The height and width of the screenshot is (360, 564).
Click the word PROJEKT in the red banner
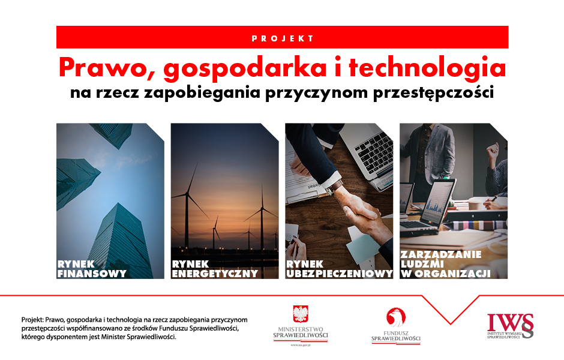coord(283,38)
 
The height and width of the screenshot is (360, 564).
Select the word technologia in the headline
coord(427,68)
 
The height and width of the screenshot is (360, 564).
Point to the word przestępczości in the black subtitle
coord(433,93)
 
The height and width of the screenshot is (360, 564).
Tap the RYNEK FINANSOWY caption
coord(92,269)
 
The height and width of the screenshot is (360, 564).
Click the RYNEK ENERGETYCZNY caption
coord(215,269)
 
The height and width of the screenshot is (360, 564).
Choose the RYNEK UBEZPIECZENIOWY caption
coord(339,269)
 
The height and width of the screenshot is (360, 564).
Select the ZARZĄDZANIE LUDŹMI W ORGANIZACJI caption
coord(445,264)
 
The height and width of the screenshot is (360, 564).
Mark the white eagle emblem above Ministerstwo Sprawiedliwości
coord(301,314)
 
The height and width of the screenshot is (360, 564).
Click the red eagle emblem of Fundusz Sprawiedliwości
coord(396,317)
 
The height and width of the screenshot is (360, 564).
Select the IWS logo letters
coord(510,323)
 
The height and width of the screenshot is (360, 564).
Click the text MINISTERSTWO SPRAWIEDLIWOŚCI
coord(301,332)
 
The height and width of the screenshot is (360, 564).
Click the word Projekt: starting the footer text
coord(32,320)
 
